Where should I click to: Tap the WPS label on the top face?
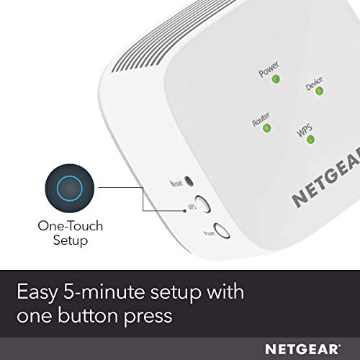tap(305, 130)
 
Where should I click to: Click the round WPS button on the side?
tap(202, 204)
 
